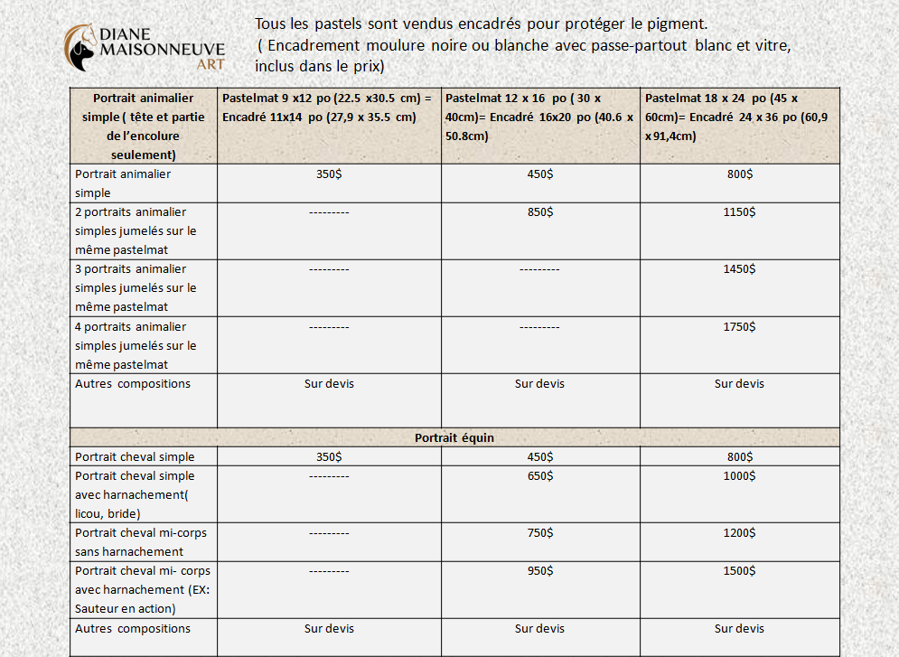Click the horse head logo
pyautogui.click(x=80, y=47)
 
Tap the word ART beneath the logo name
pyautogui.click(x=210, y=66)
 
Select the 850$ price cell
pyautogui.click(x=539, y=211)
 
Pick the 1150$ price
pyautogui.click(x=739, y=211)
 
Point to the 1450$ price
pyautogui.click(x=739, y=268)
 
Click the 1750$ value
pyautogui.click(x=739, y=326)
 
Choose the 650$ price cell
pyautogui.click(x=539, y=475)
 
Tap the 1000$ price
pyautogui.click(x=739, y=475)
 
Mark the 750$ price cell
pyautogui.click(x=539, y=532)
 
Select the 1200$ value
pyautogui.click(x=739, y=532)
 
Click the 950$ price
pyautogui.click(x=539, y=570)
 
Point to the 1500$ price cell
pyautogui.click(x=739, y=570)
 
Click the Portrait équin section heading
pyautogui.click(x=454, y=437)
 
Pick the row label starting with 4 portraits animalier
pyautogui.click(x=136, y=345)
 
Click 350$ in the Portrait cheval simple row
pyautogui.click(x=329, y=456)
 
